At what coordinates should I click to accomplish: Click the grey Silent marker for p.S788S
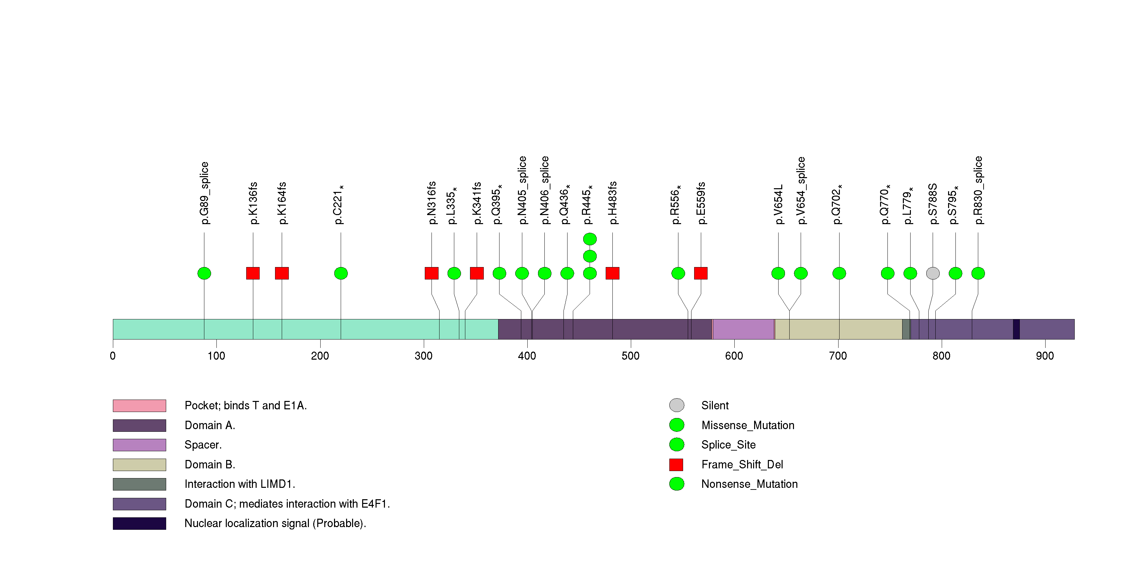(933, 273)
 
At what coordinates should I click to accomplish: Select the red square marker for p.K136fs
(253, 273)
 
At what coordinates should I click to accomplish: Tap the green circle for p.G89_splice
(204, 273)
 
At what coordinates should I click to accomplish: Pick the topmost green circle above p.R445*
(590, 239)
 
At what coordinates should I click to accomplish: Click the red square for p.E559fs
(701, 273)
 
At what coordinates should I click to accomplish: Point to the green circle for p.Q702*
(839, 273)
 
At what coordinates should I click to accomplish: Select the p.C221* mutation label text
(338, 204)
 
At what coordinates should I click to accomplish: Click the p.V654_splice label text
(801, 190)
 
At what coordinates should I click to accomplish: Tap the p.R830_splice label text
(978, 190)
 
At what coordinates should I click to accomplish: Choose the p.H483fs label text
(612, 203)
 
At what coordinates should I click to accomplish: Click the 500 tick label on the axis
(630, 356)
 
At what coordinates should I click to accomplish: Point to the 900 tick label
(1045, 356)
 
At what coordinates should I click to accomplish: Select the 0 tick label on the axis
(113, 356)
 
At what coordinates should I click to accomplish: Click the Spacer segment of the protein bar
(743, 329)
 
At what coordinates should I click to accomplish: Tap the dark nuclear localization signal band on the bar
(1016, 329)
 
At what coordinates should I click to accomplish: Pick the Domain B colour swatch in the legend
(139, 465)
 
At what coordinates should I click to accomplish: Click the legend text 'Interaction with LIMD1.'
(240, 484)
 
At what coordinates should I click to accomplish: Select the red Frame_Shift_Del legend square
(676, 465)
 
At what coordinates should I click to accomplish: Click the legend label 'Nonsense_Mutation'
(749, 484)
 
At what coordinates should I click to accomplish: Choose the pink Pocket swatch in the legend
(139, 406)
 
